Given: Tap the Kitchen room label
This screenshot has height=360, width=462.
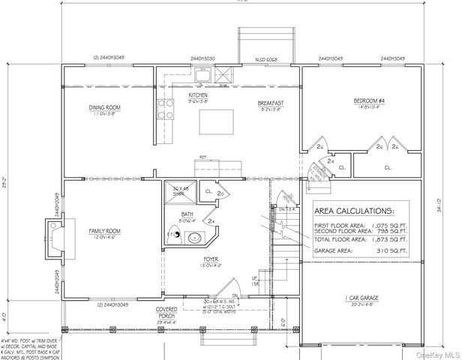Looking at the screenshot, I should coord(198,96).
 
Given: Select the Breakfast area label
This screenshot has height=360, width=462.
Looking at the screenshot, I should coord(269,102).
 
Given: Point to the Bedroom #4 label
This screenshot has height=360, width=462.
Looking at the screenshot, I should coord(370,100).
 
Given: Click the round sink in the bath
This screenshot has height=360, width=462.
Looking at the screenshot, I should coord(193,239).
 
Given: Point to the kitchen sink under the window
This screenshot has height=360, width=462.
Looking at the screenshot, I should coord(202,74).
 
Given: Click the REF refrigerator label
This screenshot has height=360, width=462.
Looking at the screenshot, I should coord(203,157).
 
